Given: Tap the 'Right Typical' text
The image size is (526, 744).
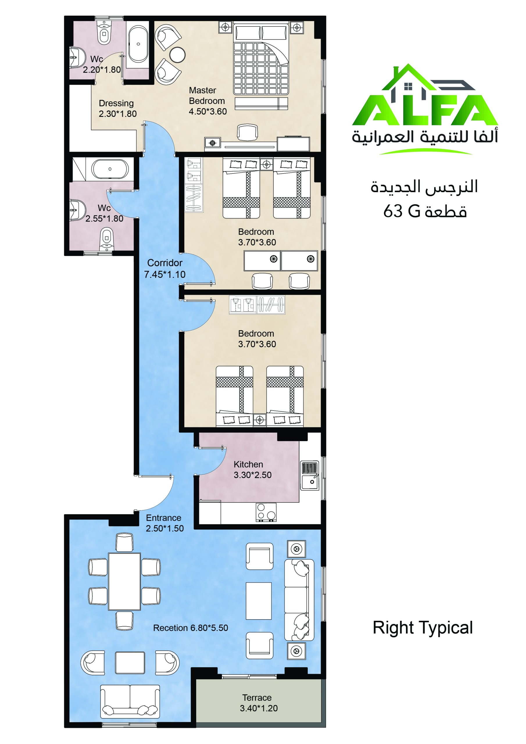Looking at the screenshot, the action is (x=423, y=628).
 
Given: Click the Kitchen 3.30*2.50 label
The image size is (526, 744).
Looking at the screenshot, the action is (x=253, y=470).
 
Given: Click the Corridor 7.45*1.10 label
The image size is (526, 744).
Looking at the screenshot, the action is (x=165, y=268).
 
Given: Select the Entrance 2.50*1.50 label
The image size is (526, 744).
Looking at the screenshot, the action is (x=165, y=523).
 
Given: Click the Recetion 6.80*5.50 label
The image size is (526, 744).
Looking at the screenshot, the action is (x=191, y=628).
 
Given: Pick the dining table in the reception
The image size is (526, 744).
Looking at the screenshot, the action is (x=124, y=581).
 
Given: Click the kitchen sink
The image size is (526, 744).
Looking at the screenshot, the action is (x=309, y=475).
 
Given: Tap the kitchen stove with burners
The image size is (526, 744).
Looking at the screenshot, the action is (x=266, y=512).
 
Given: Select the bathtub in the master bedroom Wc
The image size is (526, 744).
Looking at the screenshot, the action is (x=138, y=44).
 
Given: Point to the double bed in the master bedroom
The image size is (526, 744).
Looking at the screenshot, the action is (x=261, y=59).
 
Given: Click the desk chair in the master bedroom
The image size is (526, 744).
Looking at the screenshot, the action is (x=247, y=133).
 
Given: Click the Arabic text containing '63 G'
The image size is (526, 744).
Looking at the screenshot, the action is (x=425, y=211).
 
